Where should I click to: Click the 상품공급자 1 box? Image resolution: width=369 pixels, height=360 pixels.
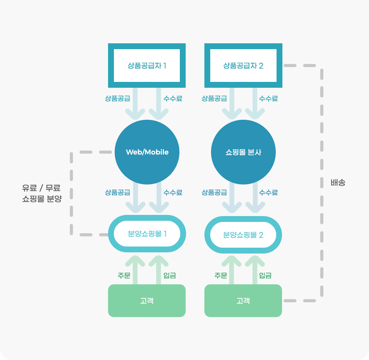click(x=147, y=66)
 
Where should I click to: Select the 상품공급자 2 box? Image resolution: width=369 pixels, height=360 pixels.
click(x=243, y=66)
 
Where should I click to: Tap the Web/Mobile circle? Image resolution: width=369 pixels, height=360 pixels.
click(x=147, y=152)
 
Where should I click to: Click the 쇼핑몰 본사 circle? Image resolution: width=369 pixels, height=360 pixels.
click(x=243, y=152)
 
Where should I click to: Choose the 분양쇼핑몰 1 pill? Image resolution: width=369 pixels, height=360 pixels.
click(x=147, y=234)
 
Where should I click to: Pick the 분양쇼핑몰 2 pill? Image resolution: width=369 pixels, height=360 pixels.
click(x=243, y=235)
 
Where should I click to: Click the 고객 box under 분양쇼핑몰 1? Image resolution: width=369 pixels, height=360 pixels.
click(x=147, y=301)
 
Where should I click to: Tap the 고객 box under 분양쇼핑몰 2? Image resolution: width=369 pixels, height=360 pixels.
click(x=243, y=301)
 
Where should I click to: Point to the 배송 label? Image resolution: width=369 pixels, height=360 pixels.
click(x=338, y=183)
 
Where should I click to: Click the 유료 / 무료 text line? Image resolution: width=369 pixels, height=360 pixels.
click(x=41, y=188)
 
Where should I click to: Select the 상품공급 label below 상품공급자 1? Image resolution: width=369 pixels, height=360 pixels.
click(x=117, y=98)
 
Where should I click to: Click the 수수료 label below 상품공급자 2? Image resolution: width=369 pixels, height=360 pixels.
click(x=268, y=98)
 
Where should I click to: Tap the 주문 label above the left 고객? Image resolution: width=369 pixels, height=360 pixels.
click(x=124, y=275)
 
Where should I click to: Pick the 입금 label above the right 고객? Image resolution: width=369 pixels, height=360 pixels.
click(x=265, y=275)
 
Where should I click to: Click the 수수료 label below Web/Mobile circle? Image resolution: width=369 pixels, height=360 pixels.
click(x=173, y=192)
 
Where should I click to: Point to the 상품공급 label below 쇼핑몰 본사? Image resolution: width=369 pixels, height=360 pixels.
click(x=214, y=192)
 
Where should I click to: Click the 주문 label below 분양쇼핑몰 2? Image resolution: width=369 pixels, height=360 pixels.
click(x=221, y=275)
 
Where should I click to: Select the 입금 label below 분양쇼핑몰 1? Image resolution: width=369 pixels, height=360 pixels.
click(x=170, y=275)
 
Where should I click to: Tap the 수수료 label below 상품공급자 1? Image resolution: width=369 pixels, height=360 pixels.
click(x=173, y=98)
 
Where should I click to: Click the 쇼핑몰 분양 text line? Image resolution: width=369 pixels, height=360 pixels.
click(x=42, y=199)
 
